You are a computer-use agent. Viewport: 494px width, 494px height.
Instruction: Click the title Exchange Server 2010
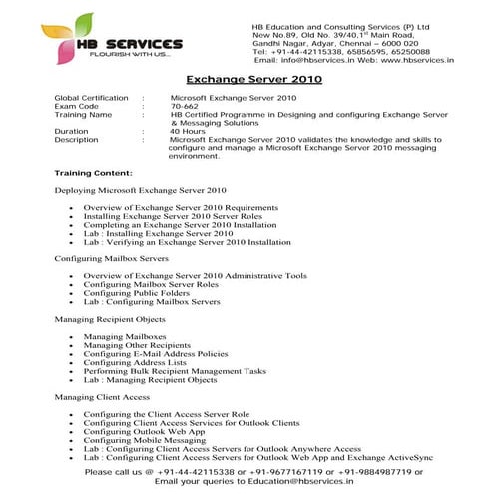coord(247,78)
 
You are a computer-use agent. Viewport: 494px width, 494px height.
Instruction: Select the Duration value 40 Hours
coord(188,131)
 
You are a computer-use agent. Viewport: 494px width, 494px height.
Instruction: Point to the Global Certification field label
coord(92,98)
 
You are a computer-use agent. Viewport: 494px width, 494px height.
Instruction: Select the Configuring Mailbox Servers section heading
coord(120,257)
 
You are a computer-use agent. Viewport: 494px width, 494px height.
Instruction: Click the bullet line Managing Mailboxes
coord(117,337)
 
